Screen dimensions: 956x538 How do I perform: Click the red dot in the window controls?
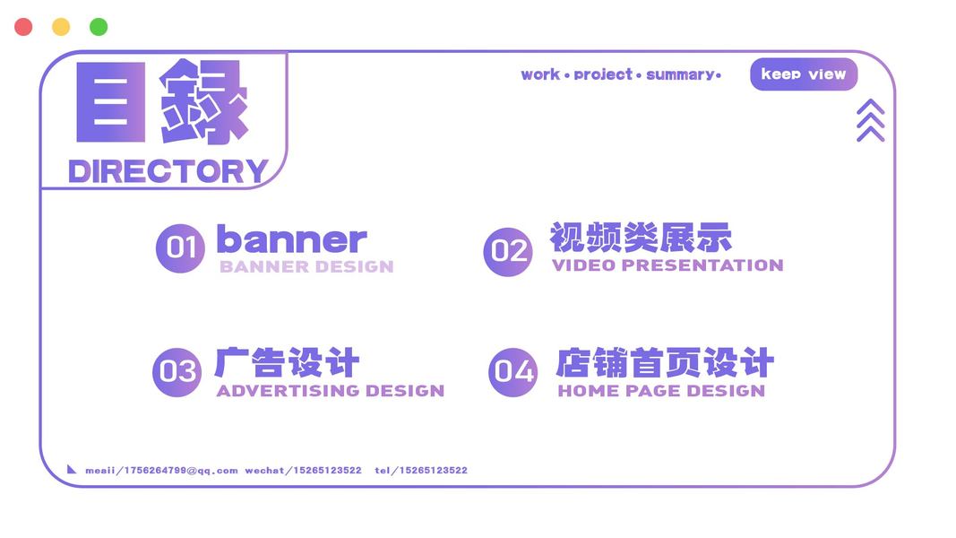(23, 27)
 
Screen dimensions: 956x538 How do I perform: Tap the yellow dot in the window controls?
(61, 27)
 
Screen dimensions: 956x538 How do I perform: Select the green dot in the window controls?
(99, 27)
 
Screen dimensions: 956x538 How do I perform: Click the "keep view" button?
(804, 74)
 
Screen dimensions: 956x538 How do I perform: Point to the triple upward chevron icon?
(871, 120)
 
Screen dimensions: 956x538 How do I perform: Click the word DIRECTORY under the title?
(168, 171)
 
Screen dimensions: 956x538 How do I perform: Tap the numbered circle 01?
(180, 248)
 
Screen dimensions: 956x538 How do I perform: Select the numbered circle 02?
(508, 251)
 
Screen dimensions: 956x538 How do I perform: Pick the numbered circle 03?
(177, 372)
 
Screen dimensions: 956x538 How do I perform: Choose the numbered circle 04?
(513, 372)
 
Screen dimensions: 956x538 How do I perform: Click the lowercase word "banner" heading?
(292, 239)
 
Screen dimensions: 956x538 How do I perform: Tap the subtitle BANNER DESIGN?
(306, 266)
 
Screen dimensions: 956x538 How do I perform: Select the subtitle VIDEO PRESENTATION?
(667, 265)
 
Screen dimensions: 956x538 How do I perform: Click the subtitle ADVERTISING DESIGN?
(331, 391)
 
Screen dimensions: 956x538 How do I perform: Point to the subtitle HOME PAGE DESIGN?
(661, 391)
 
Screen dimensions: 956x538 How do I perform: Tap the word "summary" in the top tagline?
(680, 75)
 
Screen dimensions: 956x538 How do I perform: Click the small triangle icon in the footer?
(72, 469)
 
